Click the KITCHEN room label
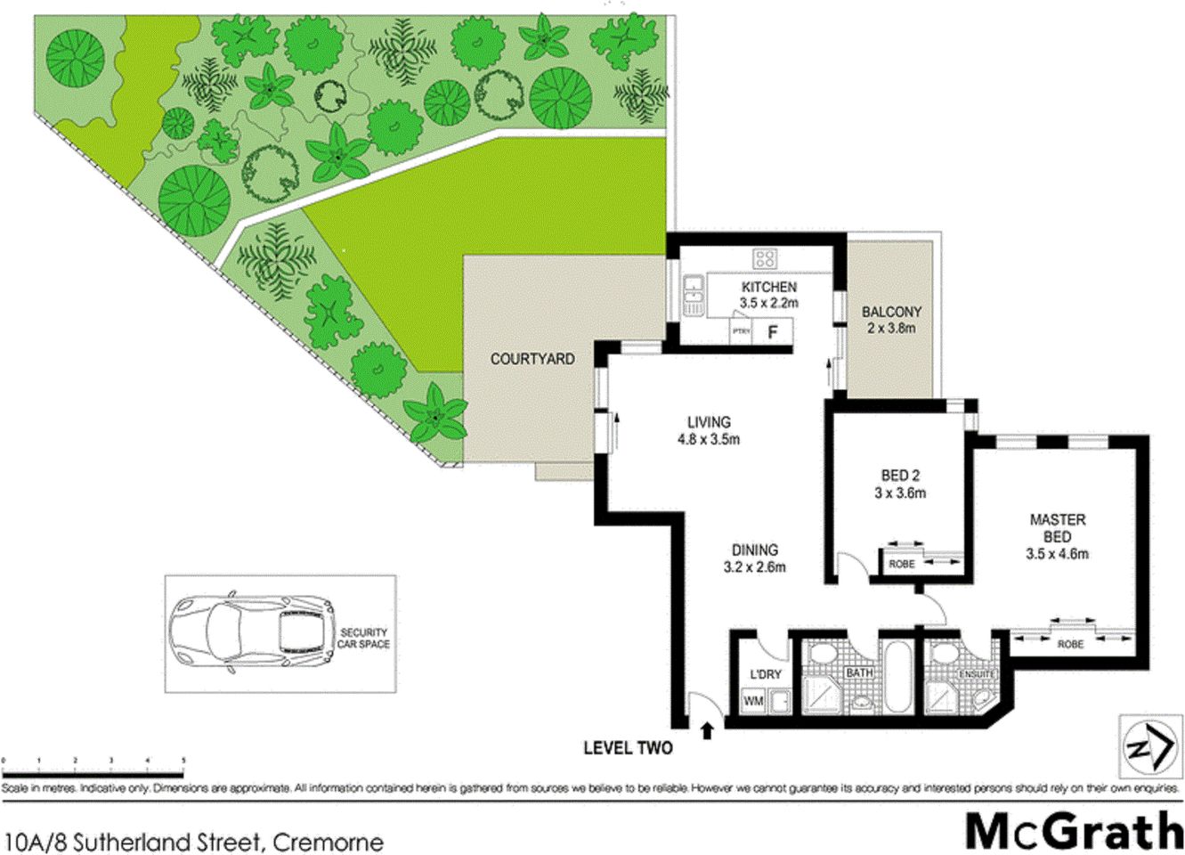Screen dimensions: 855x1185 point(768,287)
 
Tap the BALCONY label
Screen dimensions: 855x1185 point(891,313)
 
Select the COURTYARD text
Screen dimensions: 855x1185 point(532,359)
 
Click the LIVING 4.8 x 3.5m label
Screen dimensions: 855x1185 point(709,430)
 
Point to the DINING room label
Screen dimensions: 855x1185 point(755,550)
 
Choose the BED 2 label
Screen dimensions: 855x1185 point(900,476)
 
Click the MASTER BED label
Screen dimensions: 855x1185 point(1057,528)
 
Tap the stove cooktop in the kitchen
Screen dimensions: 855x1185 point(765,259)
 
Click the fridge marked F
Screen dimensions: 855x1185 point(773,332)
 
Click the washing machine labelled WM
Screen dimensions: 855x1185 point(753,701)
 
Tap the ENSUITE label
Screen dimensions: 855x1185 point(977,674)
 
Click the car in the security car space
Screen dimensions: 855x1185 point(253,633)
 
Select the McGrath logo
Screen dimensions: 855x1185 point(1073,831)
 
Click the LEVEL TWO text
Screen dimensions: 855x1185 point(628,748)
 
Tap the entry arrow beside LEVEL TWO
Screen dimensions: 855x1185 point(708,731)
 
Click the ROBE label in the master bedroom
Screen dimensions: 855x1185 point(1070,643)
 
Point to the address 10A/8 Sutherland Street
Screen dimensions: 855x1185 point(194,842)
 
